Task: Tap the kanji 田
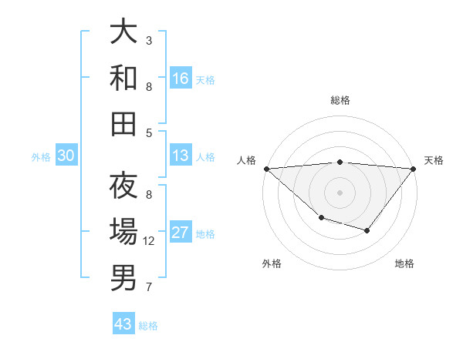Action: click(123, 123)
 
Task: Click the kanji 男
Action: click(123, 278)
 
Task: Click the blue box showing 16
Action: click(181, 79)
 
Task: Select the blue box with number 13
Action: click(181, 156)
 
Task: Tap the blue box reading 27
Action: click(181, 233)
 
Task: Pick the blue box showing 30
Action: click(66, 156)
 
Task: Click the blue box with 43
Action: click(123, 324)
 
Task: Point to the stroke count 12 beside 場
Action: click(149, 241)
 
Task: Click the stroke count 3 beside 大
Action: click(149, 40)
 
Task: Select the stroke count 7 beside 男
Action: click(149, 287)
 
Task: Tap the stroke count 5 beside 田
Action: click(149, 132)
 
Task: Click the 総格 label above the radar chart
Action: click(340, 100)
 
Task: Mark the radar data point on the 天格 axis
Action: click(414, 169)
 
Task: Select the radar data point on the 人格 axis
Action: click(266, 168)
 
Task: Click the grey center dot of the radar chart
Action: click(340, 192)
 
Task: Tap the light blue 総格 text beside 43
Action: click(148, 326)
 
